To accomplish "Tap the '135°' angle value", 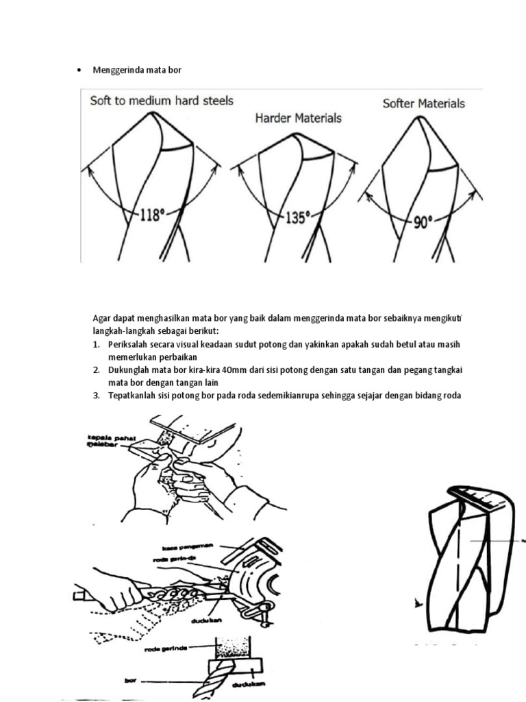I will tap(297, 219).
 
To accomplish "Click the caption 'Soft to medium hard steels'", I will tap(162, 101).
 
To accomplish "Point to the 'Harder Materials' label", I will tap(298, 118).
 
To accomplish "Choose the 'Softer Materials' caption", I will tap(423, 104).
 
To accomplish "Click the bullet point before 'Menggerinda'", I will tap(80, 71).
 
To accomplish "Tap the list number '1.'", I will tap(97, 344).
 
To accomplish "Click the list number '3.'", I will tap(97, 396).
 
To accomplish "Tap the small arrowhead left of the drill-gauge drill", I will tap(418, 603).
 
